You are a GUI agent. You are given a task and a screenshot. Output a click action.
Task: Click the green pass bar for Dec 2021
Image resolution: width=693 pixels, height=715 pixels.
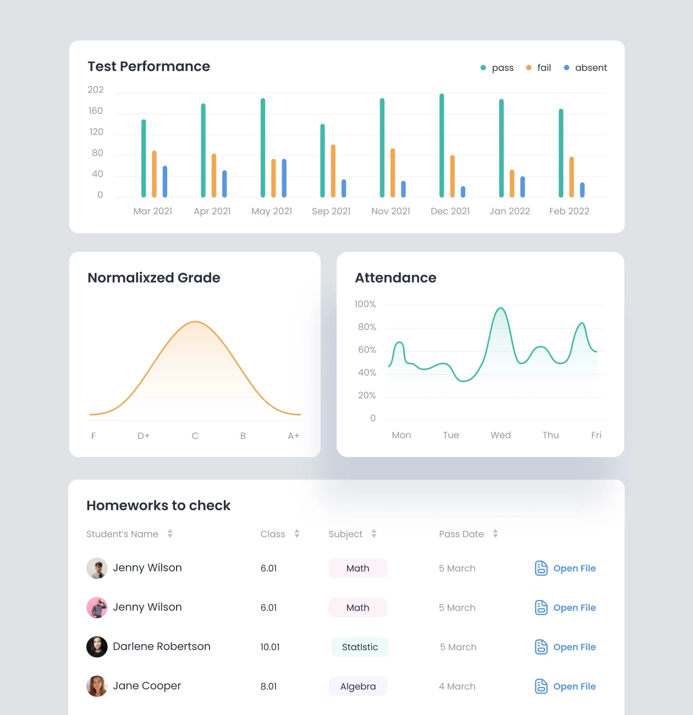click(x=442, y=146)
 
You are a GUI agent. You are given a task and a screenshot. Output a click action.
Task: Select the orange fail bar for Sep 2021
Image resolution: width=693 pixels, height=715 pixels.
click(x=333, y=171)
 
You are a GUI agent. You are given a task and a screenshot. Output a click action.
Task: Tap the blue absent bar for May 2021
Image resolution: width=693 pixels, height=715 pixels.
click(x=284, y=178)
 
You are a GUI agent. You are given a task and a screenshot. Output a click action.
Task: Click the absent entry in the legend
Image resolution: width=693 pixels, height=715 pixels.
click(x=586, y=68)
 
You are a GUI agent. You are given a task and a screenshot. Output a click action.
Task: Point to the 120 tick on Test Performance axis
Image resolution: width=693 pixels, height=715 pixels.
click(x=96, y=132)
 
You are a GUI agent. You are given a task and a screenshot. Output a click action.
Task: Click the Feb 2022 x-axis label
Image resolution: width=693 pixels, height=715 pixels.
click(x=569, y=211)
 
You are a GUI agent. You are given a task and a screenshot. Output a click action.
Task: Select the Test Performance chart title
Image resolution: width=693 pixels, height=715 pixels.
click(x=149, y=67)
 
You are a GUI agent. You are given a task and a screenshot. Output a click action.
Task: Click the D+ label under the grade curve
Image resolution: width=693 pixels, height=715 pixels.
click(x=144, y=436)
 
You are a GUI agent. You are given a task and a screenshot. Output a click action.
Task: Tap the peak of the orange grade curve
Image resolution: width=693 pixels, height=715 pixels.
click(x=195, y=322)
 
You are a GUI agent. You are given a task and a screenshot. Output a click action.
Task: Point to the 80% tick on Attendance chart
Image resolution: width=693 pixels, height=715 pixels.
click(x=367, y=327)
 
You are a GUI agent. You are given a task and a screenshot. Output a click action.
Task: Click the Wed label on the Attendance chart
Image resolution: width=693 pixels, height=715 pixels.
click(x=501, y=435)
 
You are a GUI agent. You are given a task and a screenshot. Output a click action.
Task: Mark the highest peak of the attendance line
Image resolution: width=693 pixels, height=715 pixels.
click(x=501, y=309)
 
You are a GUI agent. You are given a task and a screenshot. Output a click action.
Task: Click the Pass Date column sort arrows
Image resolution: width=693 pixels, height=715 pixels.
click(x=496, y=533)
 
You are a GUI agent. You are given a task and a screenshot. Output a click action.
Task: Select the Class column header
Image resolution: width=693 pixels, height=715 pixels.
click(x=273, y=534)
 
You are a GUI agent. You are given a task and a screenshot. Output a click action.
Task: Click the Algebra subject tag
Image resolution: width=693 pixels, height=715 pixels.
click(x=358, y=686)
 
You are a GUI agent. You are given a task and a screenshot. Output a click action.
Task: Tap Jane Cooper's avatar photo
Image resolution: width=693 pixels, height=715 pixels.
click(x=97, y=686)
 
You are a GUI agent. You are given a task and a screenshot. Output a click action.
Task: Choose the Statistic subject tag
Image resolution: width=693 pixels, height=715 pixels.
click(x=360, y=647)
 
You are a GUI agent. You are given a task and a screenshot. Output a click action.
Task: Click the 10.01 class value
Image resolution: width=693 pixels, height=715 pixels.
click(x=270, y=647)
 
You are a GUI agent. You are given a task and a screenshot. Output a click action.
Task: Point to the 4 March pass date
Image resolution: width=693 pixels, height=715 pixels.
click(x=457, y=686)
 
